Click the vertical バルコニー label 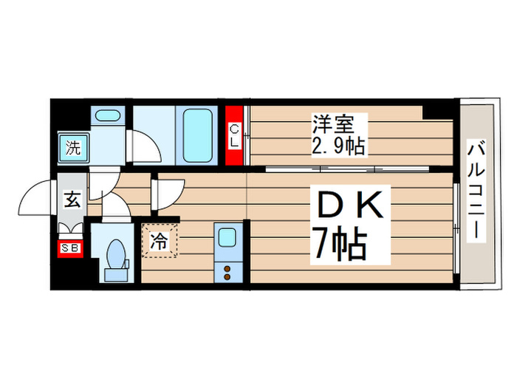coord(476,193)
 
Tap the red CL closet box coord(234,136)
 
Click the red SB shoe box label coord(71,248)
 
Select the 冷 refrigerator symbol coord(160,239)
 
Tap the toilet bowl coord(116,254)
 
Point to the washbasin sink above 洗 coord(109,116)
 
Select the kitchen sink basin coord(227,239)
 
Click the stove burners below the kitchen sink coord(227,270)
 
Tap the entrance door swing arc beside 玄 coord(37,198)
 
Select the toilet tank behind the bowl coord(116,274)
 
